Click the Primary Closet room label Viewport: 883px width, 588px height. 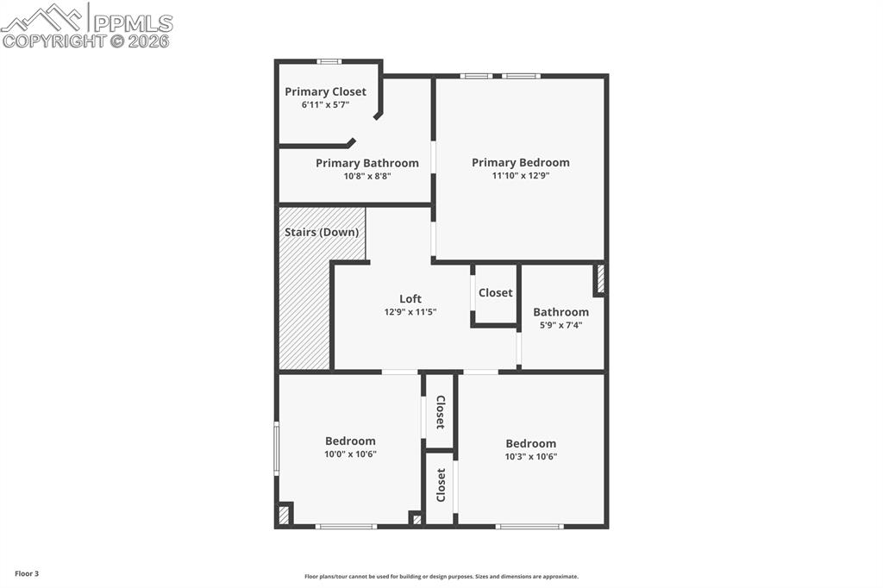click(x=325, y=91)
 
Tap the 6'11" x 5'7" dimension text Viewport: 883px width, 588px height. click(x=325, y=104)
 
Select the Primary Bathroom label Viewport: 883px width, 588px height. click(x=366, y=163)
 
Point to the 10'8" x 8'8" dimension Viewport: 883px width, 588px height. click(x=366, y=176)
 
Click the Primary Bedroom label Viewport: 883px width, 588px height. click(x=520, y=162)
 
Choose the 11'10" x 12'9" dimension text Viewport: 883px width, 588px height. click(x=520, y=175)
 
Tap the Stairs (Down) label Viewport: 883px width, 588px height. click(x=322, y=232)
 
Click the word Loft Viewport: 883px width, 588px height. click(x=410, y=299)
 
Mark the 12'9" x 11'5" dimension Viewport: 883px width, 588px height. click(x=410, y=312)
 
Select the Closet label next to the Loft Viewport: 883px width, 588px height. click(x=495, y=293)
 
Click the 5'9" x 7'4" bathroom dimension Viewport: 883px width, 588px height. click(x=560, y=325)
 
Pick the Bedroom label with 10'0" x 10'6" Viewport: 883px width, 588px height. click(x=350, y=441)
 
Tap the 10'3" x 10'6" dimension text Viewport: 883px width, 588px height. click(x=530, y=456)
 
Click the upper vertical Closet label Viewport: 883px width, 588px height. click(x=440, y=412)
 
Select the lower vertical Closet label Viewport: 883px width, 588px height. click(x=441, y=485)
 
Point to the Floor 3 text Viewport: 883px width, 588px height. click(x=27, y=573)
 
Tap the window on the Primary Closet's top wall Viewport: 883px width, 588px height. click(x=328, y=61)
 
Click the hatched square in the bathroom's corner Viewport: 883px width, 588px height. click(x=600, y=279)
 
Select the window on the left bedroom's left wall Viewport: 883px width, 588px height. click(x=277, y=447)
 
